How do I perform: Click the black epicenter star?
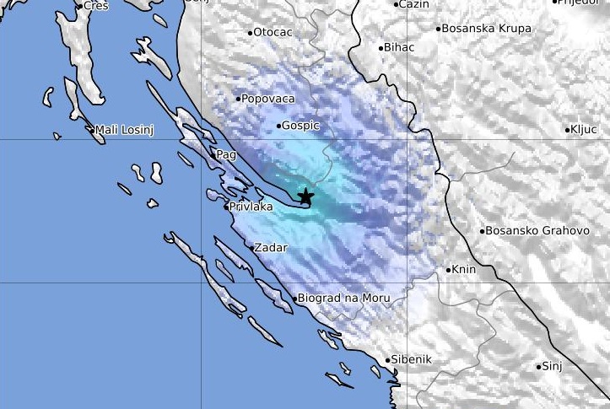[x=305, y=196]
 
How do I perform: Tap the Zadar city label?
[x=271, y=248]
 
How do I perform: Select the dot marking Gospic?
[x=279, y=126]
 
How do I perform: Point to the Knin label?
[x=464, y=270]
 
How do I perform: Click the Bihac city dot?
[x=381, y=48]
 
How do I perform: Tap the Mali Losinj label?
[x=124, y=130]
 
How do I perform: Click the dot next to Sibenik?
[x=388, y=360]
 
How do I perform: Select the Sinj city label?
[x=552, y=366]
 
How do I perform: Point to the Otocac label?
[x=273, y=33]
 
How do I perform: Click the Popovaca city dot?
[x=239, y=99]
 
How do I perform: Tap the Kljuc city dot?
[x=568, y=130]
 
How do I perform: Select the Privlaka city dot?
[x=227, y=207]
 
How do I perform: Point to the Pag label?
[x=225, y=155]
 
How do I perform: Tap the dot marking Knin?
[x=449, y=271]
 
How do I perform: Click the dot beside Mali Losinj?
[x=92, y=130]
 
